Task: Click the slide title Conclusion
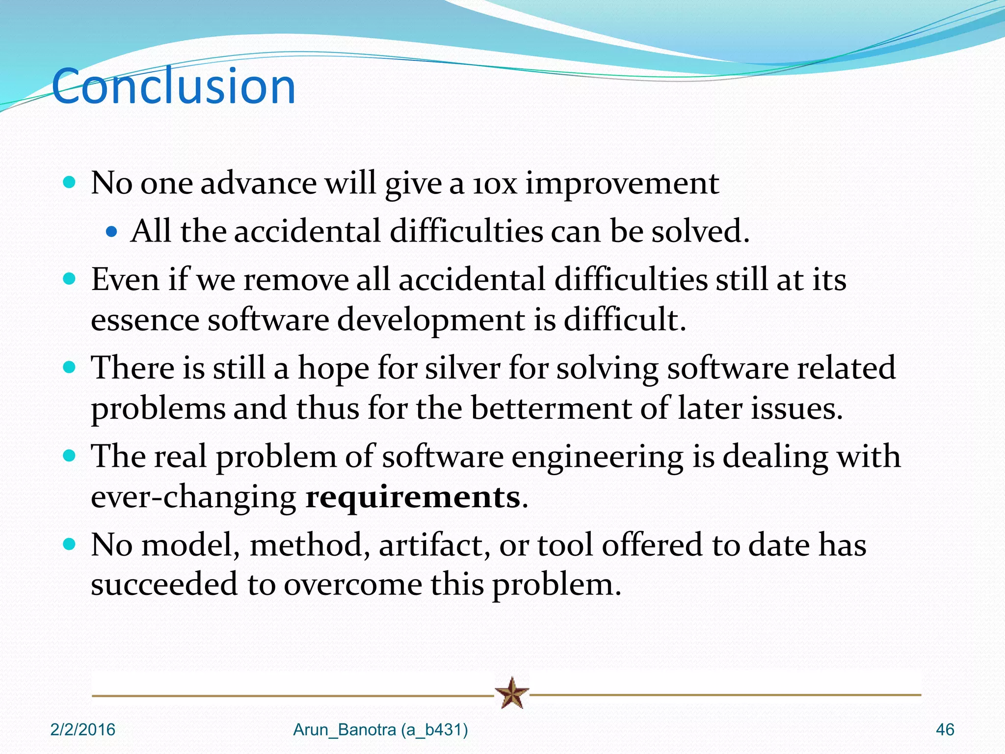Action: (174, 86)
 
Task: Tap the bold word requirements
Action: (413, 497)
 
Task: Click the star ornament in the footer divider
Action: (512, 693)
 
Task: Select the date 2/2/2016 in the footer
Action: (83, 730)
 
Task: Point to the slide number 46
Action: (945, 730)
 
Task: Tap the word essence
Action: (145, 320)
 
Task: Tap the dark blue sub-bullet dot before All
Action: (112, 231)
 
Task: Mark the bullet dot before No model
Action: (70, 544)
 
